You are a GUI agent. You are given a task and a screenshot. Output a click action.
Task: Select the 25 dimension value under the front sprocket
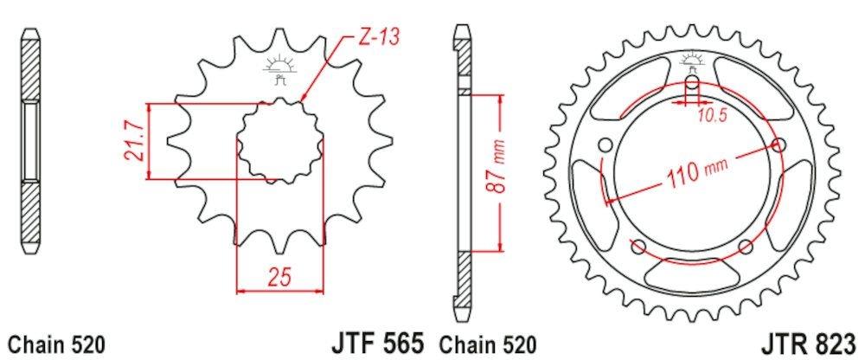pyautogui.click(x=279, y=277)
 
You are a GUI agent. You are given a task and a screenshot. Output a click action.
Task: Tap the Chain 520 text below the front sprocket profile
pyautogui.click(x=57, y=343)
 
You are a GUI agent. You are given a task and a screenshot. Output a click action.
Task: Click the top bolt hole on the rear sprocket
pyautogui.click(x=692, y=85)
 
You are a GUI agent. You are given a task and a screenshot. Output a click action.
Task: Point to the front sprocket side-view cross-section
pyautogui.click(x=31, y=142)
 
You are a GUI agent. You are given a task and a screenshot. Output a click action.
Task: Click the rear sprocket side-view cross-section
pyautogui.click(x=463, y=173)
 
